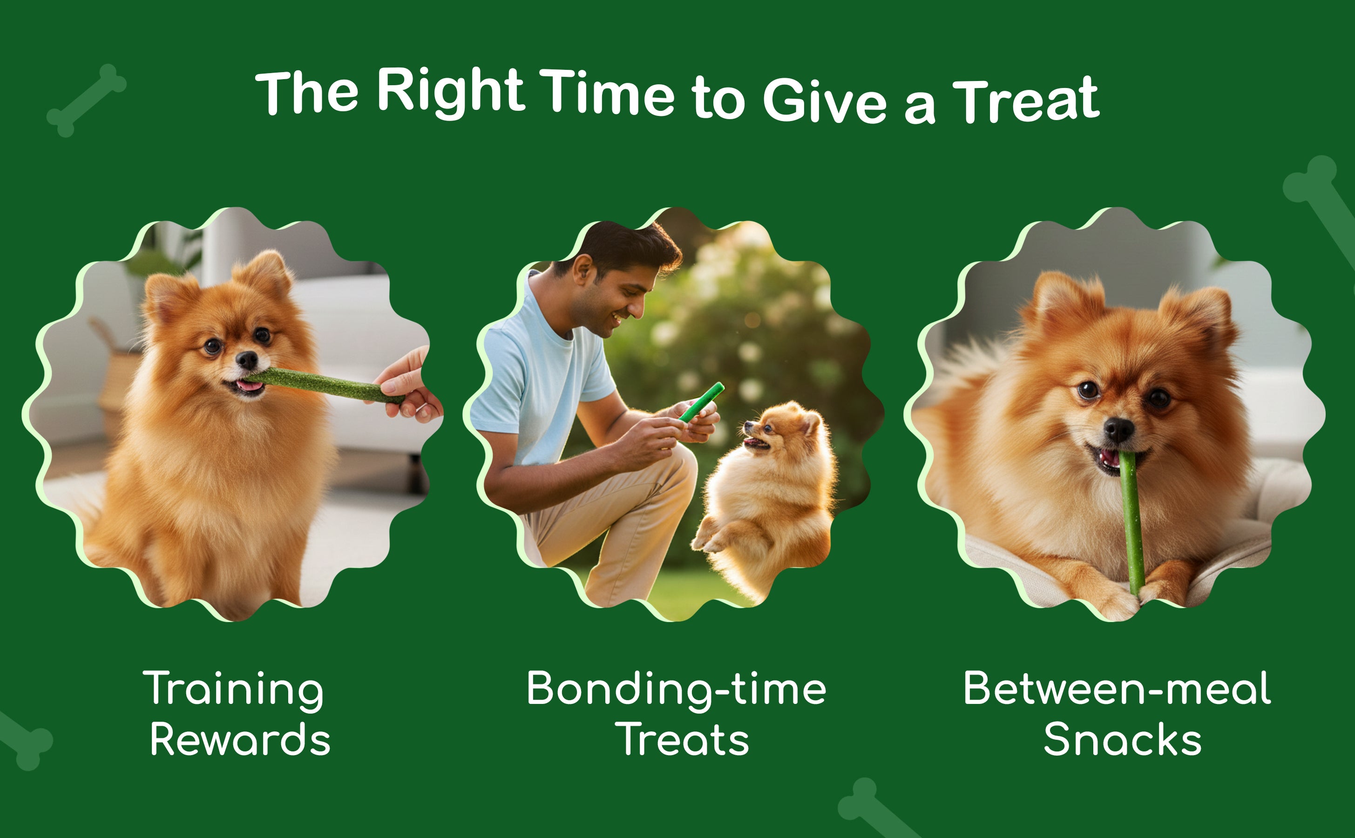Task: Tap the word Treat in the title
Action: [x=1025, y=101]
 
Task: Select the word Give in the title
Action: [x=825, y=99]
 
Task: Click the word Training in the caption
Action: [x=233, y=690]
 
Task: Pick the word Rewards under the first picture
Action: [x=240, y=739]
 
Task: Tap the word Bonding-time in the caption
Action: [x=676, y=690]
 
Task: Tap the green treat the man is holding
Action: [x=702, y=402]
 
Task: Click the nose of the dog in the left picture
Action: [x=247, y=360]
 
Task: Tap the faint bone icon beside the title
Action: [x=87, y=100]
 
